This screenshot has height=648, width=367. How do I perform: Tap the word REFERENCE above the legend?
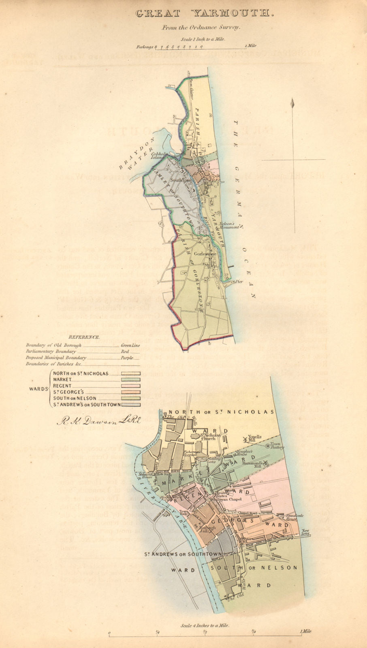pos(84,337)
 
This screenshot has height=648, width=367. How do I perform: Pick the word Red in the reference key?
pos(125,352)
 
